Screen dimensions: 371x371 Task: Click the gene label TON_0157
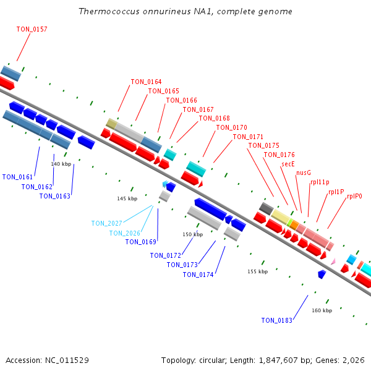[32, 30]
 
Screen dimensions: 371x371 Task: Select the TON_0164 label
[146, 82]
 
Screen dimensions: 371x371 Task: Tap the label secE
[288, 164]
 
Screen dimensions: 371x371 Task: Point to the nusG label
[304, 173]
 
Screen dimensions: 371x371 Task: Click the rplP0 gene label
[354, 196]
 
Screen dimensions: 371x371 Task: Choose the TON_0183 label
[276, 320]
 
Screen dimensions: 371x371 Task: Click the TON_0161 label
[17, 177]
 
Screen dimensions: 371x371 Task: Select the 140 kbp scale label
[61, 164]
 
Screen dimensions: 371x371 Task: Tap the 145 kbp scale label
[127, 198]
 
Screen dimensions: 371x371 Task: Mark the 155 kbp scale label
[257, 271]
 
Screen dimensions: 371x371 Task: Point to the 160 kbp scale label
[322, 310]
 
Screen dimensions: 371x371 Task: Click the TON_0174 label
[198, 275]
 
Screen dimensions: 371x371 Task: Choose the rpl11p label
[320, 182]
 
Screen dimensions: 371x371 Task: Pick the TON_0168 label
[214, 118]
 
